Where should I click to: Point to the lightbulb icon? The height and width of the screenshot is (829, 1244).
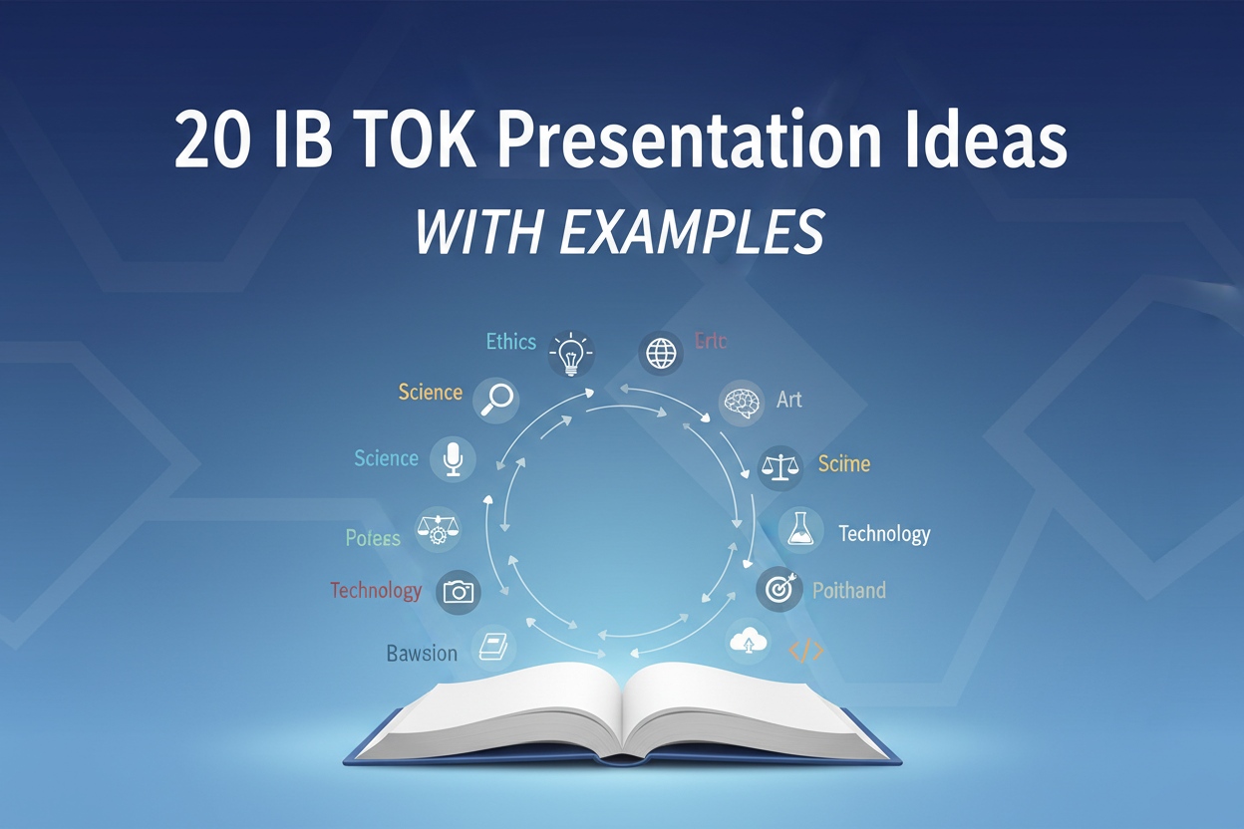(570, 353)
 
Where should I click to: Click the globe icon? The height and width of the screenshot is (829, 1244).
(660, 353)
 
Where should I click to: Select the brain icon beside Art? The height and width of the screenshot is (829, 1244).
(742, 403)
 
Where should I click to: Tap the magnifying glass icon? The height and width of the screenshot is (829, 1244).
(495, 399)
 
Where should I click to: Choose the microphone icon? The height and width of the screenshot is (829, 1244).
(454, 459)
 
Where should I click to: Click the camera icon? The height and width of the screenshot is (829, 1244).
(458, 592)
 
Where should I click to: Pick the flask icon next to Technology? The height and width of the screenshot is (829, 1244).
(799, 531)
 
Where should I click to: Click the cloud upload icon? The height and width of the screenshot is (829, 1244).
(751, 642)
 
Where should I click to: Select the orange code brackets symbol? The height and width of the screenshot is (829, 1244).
(805, 651)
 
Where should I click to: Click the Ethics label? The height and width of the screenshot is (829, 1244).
(511, 342)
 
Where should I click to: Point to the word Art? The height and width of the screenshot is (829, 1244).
(789, 400)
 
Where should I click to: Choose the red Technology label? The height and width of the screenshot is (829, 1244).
(376, 590)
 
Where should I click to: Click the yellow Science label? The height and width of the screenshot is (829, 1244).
(430, 392)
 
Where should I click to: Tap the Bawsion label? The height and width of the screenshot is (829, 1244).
(422, 654)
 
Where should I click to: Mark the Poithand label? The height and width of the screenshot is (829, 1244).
(848, 590)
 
